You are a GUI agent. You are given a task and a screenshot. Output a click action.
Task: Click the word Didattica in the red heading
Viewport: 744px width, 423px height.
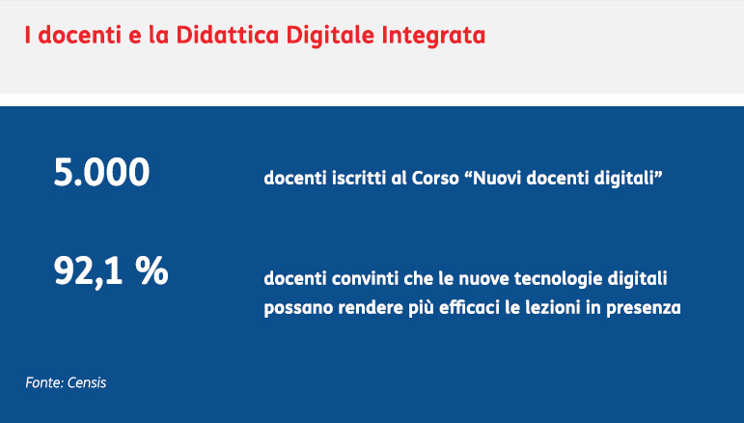(229, 35)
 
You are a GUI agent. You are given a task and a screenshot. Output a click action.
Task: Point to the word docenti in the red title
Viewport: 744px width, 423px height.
(80, 35)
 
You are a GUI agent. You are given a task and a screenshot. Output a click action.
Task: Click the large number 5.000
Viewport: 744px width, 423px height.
(101, 172)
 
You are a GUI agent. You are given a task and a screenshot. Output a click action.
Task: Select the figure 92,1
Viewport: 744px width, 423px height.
(88, 271)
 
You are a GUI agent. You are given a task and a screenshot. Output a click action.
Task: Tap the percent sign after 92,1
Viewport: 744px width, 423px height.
(152, 270)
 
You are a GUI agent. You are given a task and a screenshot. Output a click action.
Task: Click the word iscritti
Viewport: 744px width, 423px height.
(359, 178)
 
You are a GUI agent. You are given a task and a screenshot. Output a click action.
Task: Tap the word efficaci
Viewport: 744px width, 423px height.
(469, 307)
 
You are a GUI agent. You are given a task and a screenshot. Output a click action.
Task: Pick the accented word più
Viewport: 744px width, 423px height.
(421, 308)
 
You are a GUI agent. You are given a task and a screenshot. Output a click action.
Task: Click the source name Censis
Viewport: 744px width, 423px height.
(87, 382)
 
